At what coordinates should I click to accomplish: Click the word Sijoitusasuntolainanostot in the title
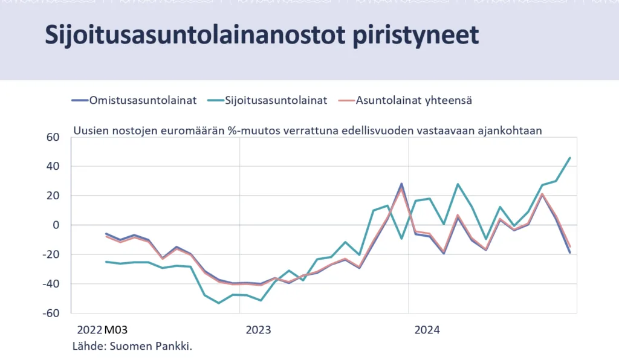195,36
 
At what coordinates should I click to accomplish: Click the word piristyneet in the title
416,36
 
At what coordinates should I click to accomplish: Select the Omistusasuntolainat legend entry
134,100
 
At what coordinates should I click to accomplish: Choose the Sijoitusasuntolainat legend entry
267,100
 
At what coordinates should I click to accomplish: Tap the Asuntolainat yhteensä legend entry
405,100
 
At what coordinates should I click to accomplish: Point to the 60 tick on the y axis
53,137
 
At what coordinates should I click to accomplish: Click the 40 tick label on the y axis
53,166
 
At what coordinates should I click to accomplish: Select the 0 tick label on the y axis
56,225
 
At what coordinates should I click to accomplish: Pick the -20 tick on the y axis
51,254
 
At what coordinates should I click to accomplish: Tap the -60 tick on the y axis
51,313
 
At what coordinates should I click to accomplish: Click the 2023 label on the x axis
258,330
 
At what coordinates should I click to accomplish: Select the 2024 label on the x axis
427,330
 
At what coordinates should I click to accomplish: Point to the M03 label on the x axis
115,330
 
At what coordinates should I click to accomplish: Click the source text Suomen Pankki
151,346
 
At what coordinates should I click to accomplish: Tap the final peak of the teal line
569,158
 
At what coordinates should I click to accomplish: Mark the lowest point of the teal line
219,303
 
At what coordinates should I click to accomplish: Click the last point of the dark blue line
569,252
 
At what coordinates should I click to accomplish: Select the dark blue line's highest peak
401,184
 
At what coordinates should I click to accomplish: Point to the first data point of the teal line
106,262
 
